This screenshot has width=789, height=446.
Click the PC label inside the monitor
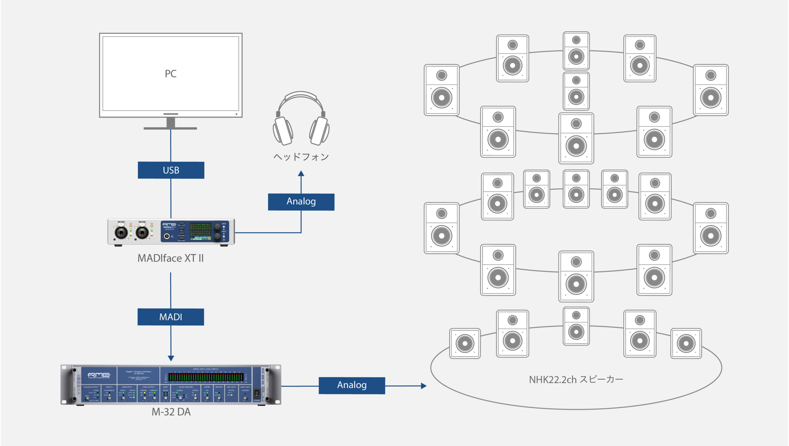pyautogui.click(x=171, y=74)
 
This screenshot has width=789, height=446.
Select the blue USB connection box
pyautogui.click(x=171, y=170)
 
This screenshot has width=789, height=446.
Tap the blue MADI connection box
pyautogui.click(x=171, y=317)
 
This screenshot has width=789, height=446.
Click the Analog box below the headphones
pyautogui.click(x=301, y=202)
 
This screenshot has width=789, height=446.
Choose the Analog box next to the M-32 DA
pyautogui.click(x=352, y=385)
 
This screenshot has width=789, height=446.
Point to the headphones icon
pyautogui.click(x=301, y=120)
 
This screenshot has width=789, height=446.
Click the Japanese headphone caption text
pyautogui.click(x=301, y=157)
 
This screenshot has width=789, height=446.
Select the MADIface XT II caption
pyautogui.click(x=171, y=258)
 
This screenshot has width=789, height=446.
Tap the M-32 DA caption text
pyautogui.click(x=171, y=412)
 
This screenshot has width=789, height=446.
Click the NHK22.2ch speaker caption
pyautogui.click(x=576, y=379)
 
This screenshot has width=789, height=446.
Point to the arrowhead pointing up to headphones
pyautogui.click(x=301, y=174)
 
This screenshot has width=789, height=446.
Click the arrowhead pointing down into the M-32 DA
pyautogui.click(x=171, y=358)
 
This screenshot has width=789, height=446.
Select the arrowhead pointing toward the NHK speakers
pyautogui.click(x=424, y=386)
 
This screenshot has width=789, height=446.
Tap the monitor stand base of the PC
pyautogui.click(x=170, y=128)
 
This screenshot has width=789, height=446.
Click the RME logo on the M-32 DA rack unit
pyautogui.click(x=99, y=375)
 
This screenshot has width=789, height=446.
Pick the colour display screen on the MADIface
pyautogui.click(x=200, y=231)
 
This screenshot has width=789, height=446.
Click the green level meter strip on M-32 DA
pyautogui.click(x=206, y=377)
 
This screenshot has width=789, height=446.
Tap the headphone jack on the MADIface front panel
pyautogui.click(x=167, y=236)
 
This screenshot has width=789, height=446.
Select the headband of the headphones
pyautogui.click(x=301, y=96)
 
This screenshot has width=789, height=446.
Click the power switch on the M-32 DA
pyautogui.click(x=256, y=393)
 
